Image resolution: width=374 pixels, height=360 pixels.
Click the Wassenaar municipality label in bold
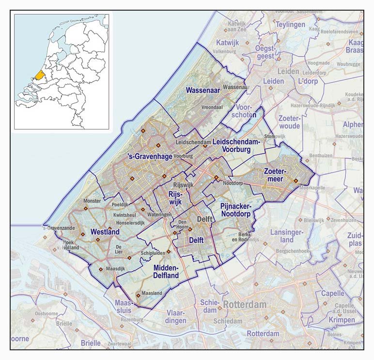[203, 90]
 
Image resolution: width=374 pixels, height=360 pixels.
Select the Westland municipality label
[105, 232]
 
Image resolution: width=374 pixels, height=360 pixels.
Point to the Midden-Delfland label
[166, 272]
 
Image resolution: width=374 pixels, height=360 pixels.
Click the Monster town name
[92, 201]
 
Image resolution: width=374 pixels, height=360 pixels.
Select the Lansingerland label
[286, 236]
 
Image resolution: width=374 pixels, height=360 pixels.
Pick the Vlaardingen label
[175, 317]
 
